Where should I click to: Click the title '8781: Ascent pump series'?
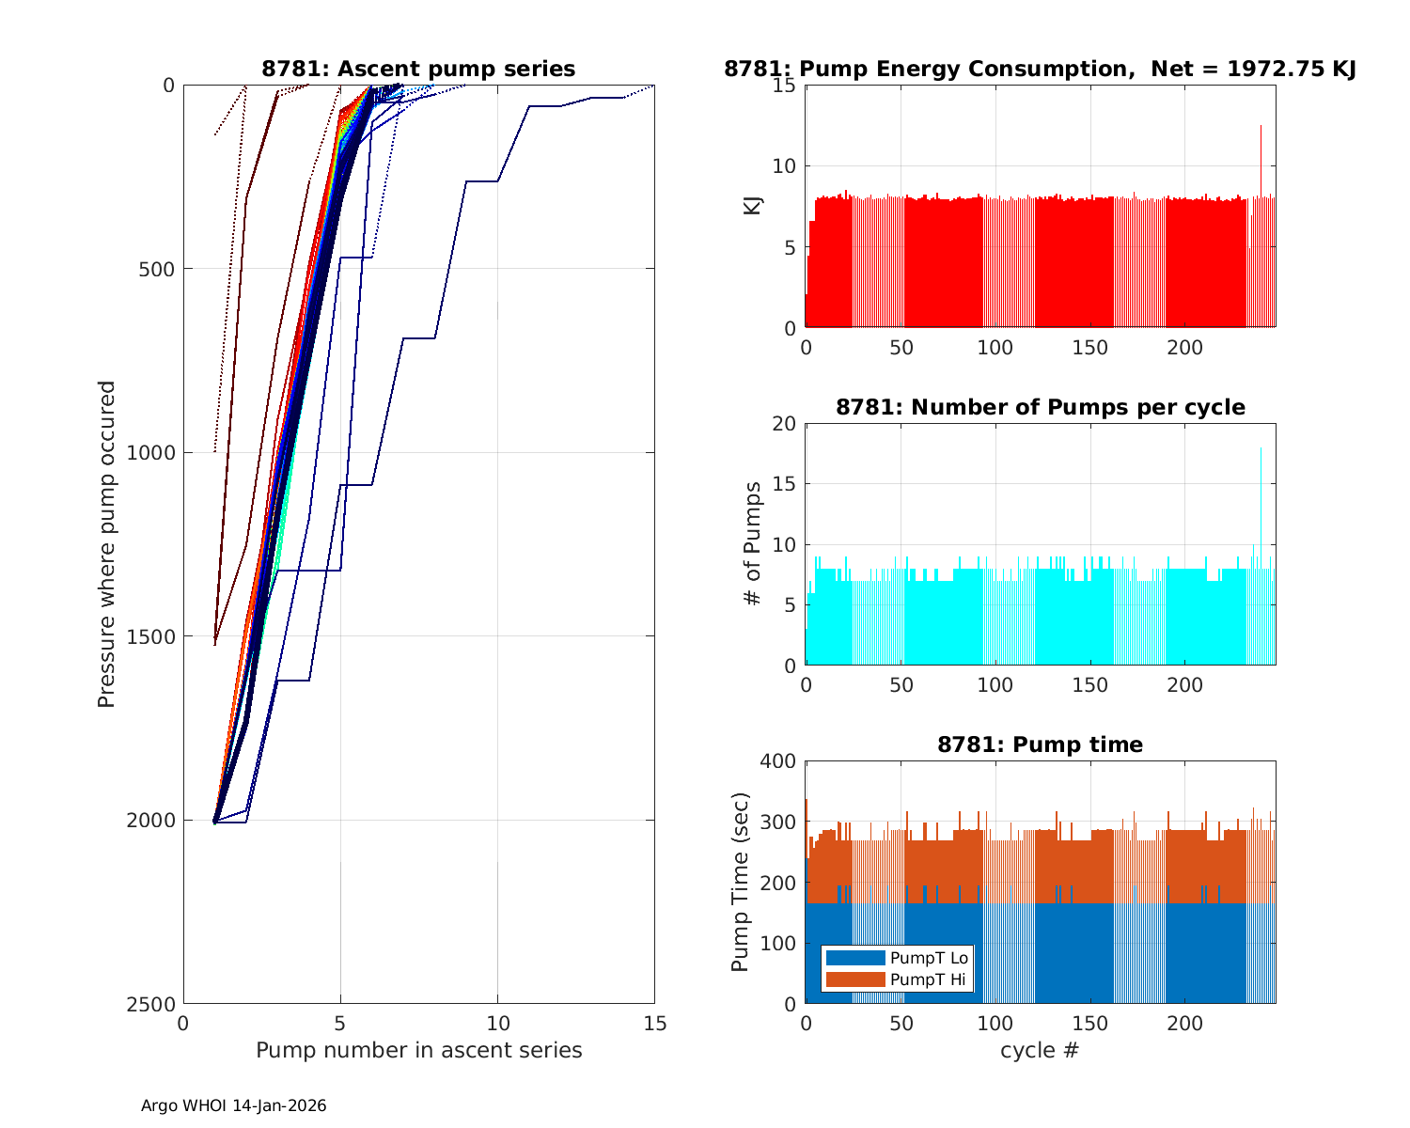418,69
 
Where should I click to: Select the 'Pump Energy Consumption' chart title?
1040,69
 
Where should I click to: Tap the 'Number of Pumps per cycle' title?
1040,407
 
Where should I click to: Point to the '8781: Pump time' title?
1040,744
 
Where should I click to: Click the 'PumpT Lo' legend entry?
929,958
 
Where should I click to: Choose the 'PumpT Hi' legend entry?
929,979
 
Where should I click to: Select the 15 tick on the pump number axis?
655,1024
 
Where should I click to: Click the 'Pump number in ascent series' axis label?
418,1050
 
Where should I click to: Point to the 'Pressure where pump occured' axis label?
107,543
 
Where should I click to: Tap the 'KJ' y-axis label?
753,206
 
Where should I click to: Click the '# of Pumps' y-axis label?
753,543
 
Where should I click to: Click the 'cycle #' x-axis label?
1040,1050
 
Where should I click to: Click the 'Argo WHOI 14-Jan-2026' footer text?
234,1106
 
